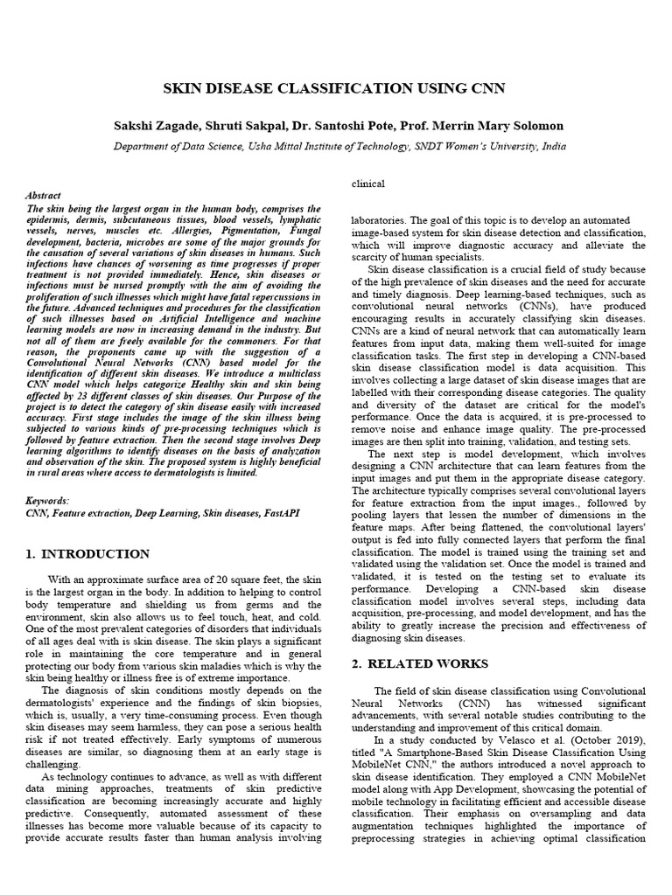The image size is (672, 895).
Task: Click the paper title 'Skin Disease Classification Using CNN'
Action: (x=336, y=88)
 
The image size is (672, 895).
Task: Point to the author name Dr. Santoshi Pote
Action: (x=340, y=126)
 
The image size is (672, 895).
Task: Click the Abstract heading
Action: (x=44, y=198)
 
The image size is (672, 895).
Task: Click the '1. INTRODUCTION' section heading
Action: (x=87, y=554)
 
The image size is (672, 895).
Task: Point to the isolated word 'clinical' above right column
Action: (x=367, y=184)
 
